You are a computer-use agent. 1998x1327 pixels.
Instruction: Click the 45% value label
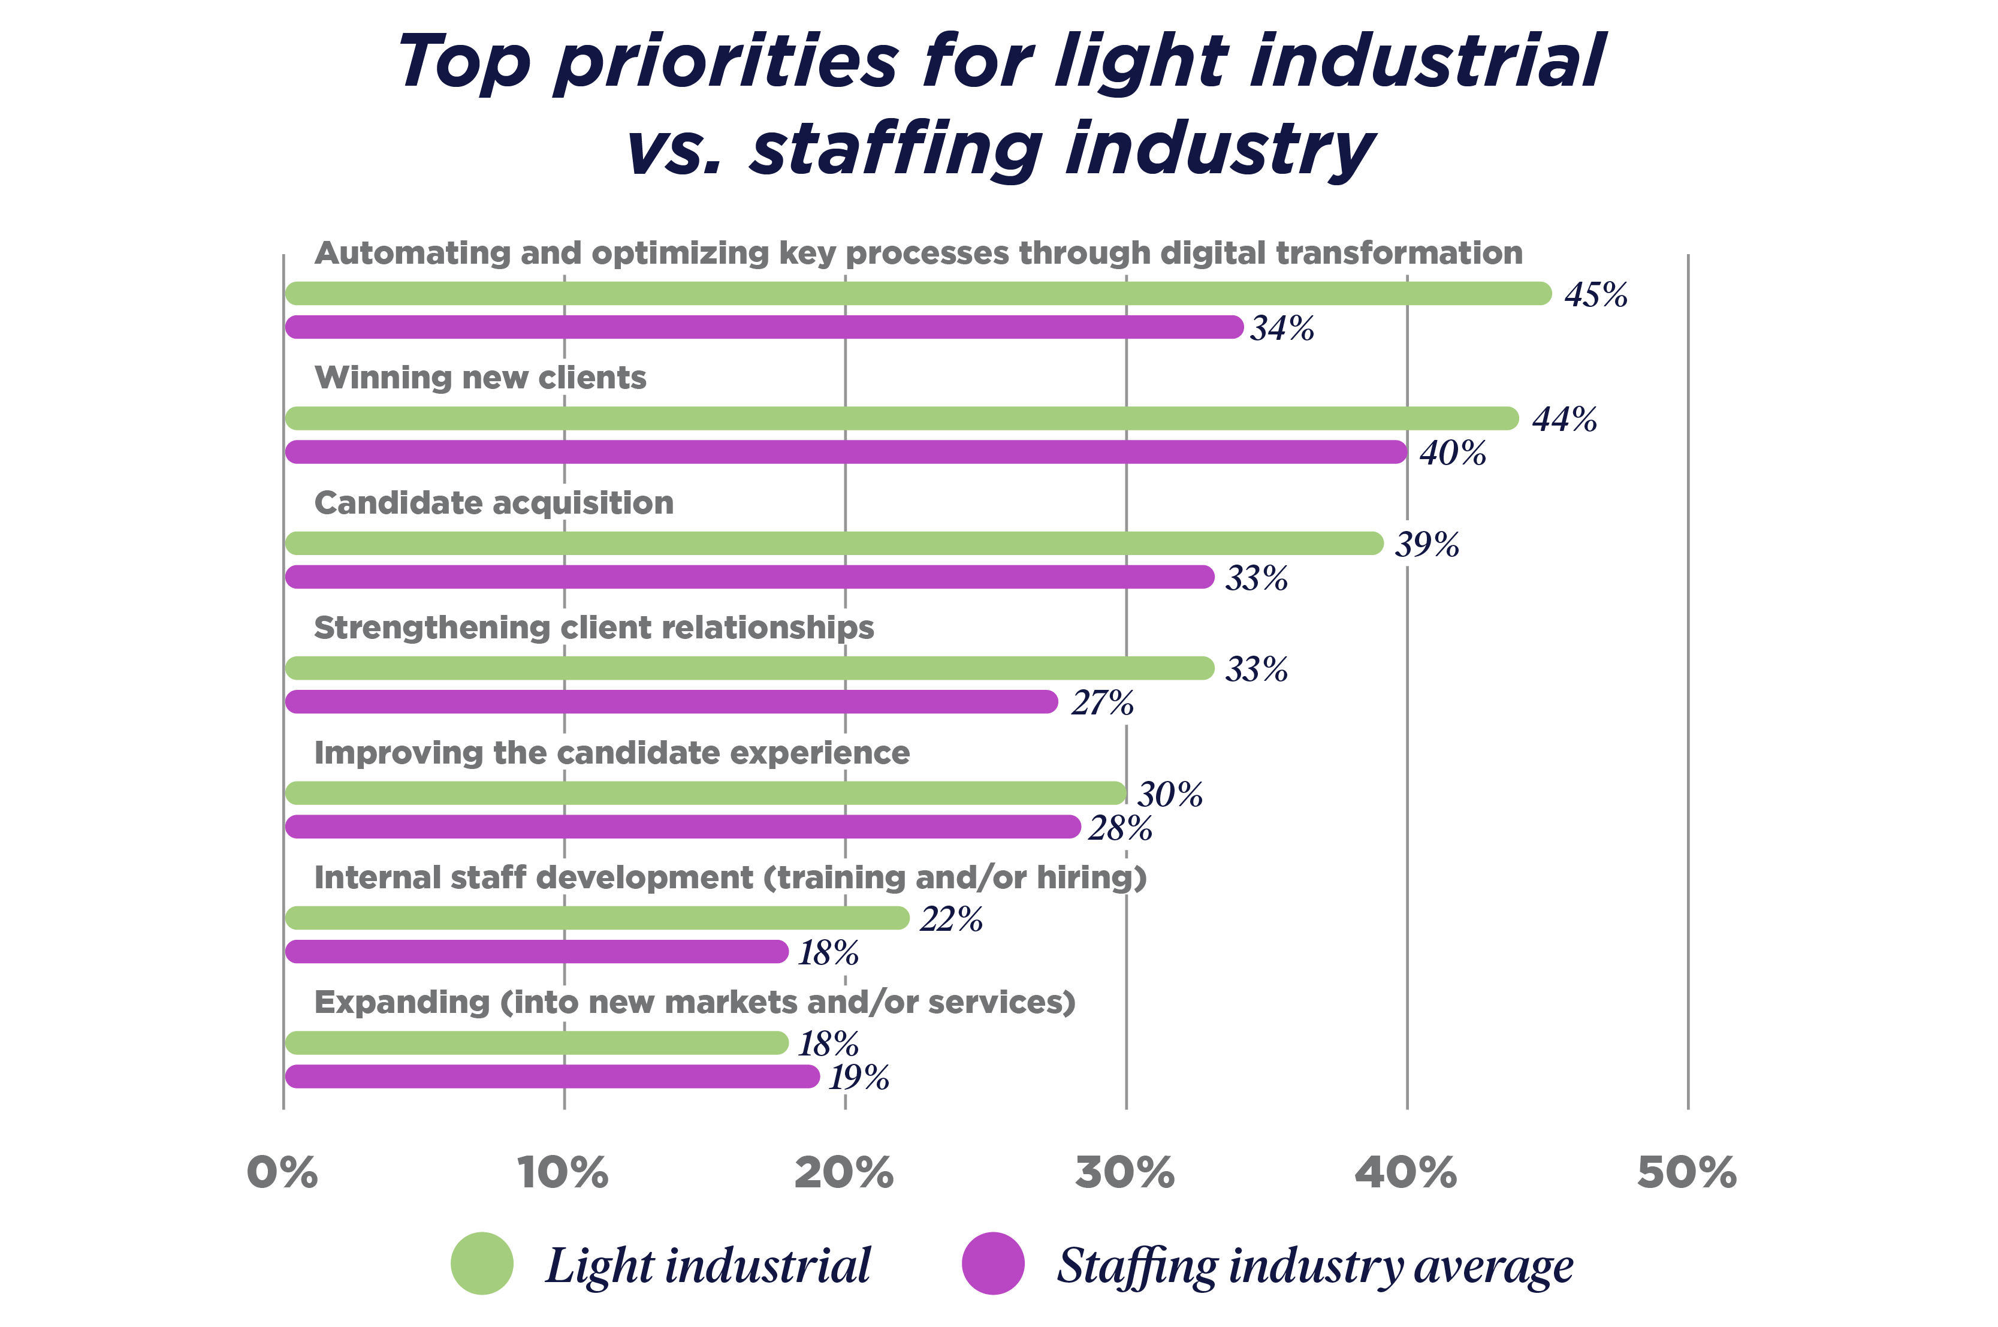(1595, 294)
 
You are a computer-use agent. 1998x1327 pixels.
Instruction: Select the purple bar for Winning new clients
(846, 452)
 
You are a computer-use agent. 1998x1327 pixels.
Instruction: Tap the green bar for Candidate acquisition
(834, 543)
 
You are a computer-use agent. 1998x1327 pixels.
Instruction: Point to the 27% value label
(1102, 702)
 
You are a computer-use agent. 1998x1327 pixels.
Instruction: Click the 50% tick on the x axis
(1686, 1173)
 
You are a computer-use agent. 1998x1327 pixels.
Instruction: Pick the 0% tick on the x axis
(282, 1173)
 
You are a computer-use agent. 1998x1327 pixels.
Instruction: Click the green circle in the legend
(481, 1263)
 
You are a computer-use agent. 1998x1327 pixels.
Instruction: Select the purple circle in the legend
(992, 1263)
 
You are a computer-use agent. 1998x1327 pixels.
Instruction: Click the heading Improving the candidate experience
(611, 752)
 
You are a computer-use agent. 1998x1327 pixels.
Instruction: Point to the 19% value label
(858, 1077)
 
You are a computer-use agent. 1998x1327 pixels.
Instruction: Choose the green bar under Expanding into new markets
(536, 1043)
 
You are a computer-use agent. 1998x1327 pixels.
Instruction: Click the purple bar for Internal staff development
(536, 952)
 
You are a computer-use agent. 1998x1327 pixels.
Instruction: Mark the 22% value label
(951, 919)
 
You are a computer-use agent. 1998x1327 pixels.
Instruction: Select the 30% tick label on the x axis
(1125, 1173)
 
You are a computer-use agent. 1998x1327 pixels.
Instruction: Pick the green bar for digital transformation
(918, 294)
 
